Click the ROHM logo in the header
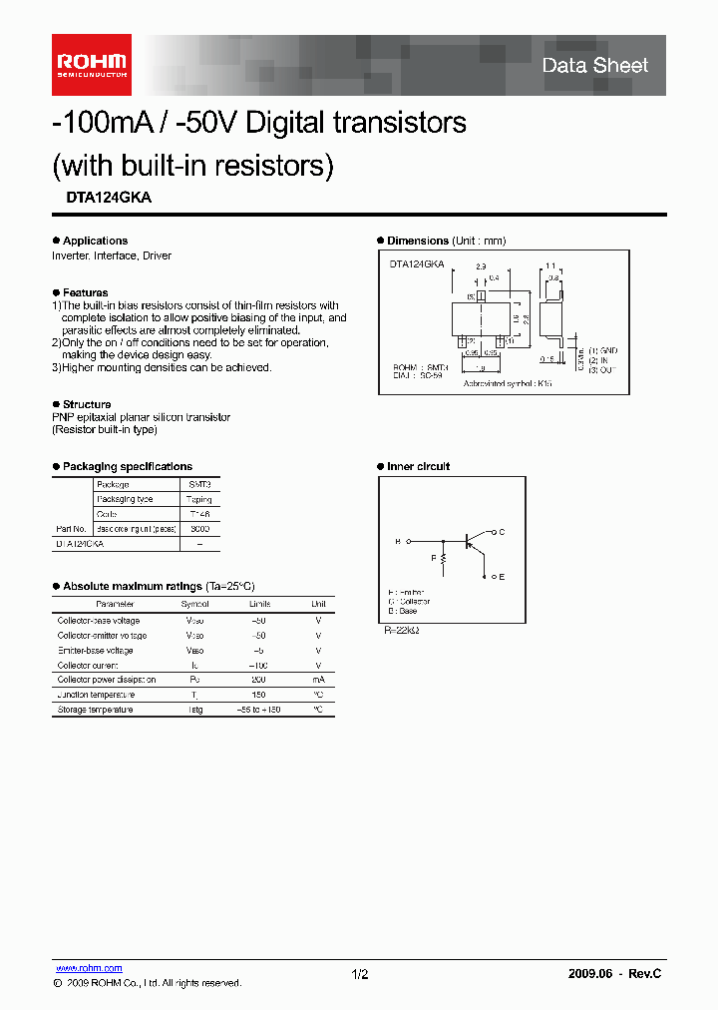(91, 65)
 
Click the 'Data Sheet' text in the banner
(594, 66)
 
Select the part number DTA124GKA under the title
(102, 198)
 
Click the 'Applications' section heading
(95, 241)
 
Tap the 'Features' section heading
(85, 292)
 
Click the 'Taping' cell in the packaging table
(198, 499)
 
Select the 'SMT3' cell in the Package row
(198, 484)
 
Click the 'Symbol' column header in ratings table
(194, 604)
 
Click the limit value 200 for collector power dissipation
(259, 680)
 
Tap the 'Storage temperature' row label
(95, 710)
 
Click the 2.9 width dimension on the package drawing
(481, 267)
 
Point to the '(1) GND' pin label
(603, 351)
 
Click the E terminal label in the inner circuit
(501, 577)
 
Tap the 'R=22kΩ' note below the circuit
(400, 631)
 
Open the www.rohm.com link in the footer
(89, 968)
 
